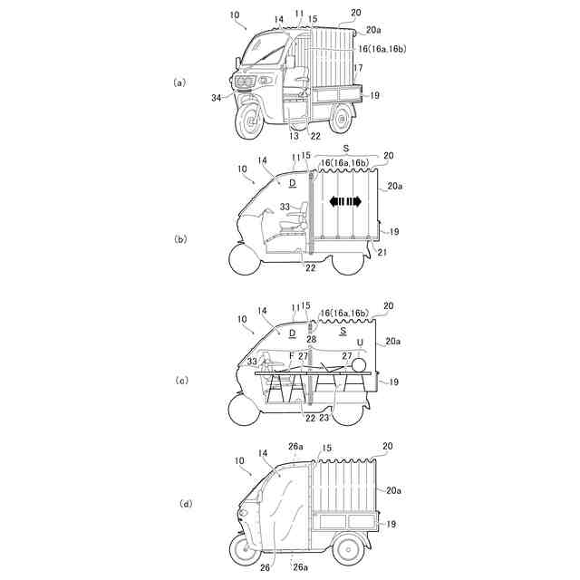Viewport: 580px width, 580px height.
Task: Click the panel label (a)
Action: point(179,82)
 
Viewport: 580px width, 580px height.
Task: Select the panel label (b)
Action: point(179,238)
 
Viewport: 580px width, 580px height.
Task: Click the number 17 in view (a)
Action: point(360,68)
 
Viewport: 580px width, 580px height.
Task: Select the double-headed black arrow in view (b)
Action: point(344,201)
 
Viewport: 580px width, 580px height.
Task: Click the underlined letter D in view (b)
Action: point(292,183)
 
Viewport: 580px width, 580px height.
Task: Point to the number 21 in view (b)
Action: point(382,253)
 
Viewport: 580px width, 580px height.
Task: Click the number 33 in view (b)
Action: point(284,208)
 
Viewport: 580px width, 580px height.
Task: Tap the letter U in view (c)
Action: point(360,343)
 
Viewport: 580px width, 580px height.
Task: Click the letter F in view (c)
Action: point(291,356)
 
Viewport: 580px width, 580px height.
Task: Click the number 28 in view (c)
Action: point(310,338)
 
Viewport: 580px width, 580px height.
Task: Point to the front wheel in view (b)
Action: point(244,261)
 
